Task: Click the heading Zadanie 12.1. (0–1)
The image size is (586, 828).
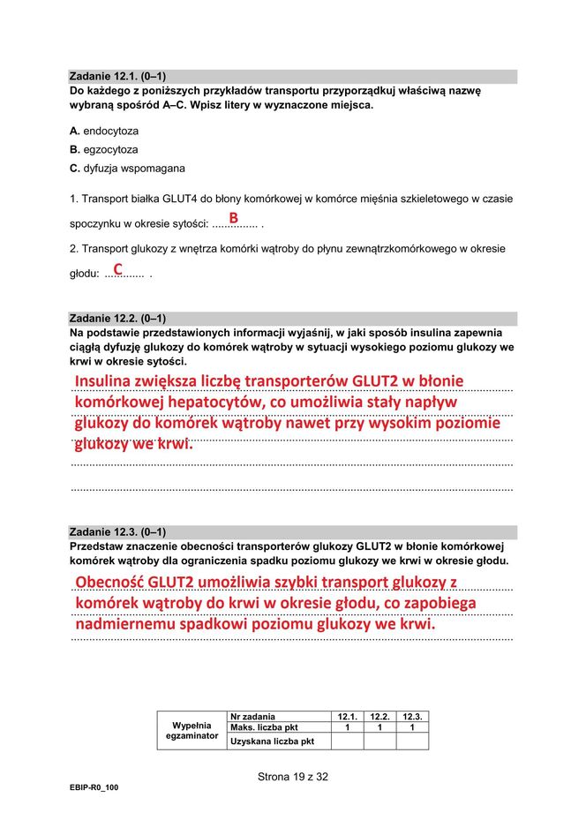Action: (117, 77)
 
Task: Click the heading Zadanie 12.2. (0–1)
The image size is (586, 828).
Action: (117, 319)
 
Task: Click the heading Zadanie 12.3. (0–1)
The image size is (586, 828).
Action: (117, 532)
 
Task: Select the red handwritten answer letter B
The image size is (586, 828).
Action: (234, 217)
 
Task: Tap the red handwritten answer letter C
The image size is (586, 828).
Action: (117, 267)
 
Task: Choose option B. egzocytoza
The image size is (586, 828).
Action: (103, 149)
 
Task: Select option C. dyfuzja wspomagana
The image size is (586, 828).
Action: (127, 168)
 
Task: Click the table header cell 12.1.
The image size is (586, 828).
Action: (348, 716)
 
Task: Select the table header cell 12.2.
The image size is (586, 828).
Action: (380, 716)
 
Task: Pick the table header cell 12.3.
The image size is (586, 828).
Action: (412, 716)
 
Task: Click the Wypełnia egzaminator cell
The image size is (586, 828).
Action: (192, 730)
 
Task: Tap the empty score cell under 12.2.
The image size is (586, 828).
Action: (380, 741)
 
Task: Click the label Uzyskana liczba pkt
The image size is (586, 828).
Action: (272, 741)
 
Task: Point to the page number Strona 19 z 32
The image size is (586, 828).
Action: (293, 777)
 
